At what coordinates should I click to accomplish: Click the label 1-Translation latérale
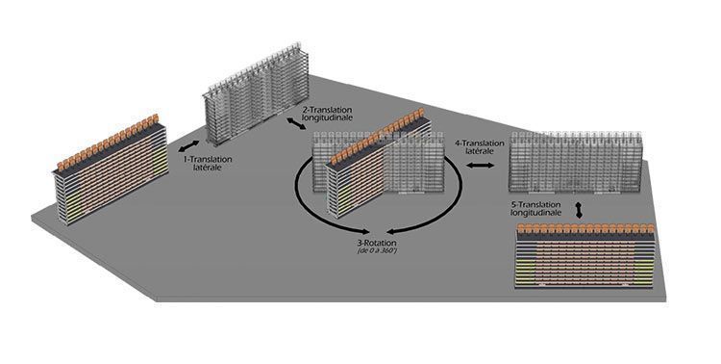(x=208, y=164)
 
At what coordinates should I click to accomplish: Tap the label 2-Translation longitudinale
(x=328, y=114)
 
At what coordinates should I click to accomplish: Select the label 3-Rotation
(x=377, y=243)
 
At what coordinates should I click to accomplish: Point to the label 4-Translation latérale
(x=480, y=147)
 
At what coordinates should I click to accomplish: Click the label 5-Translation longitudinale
(x=536, y=209)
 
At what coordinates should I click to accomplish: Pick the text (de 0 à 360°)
(x=377, y=250)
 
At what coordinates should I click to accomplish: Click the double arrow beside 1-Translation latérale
(x=188, y=146)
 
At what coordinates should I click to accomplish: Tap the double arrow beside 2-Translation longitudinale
(x=296, y=123)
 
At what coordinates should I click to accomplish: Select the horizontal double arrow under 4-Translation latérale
(x=480, y=166)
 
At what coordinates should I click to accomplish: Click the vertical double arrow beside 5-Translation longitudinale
(x=579, y=209)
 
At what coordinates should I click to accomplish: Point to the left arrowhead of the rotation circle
(x=364, y=231)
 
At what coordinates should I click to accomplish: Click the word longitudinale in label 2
(x=328, y=117)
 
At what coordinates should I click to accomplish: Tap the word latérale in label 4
(x=480, y=151)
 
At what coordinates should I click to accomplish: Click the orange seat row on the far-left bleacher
(x=108, y=142)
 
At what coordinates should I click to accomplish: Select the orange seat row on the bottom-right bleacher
(x=585, y=228)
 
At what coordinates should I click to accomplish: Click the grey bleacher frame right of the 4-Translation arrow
(x=575, y=162)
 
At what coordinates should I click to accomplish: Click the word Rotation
(x=381, y=243)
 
